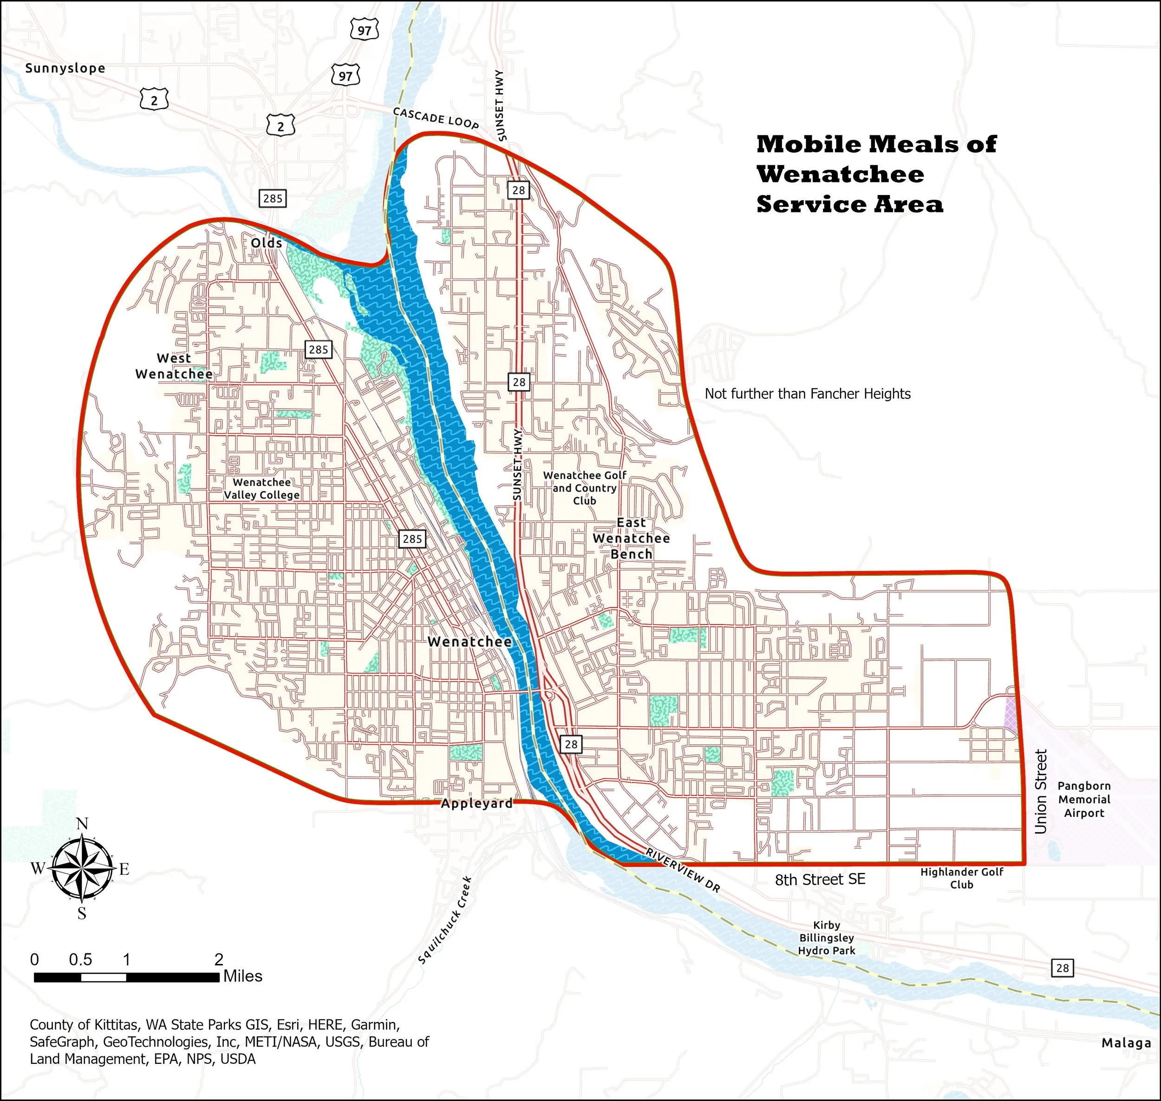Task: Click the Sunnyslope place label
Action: (x=65, y=68)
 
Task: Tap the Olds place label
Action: (x=267, y=243)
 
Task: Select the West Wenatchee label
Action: (x=174, y=366)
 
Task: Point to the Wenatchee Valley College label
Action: (x=262, y=489)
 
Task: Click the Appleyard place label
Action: (x=476, y=803)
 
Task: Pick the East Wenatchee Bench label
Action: (x=631, y=538)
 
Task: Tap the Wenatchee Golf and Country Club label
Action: (x=585, y=488)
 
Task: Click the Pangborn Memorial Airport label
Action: (x=1084, y=799)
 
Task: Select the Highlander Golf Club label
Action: (x=961, y=878)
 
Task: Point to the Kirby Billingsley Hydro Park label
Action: (x=827, y=938)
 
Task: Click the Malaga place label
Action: (x=1126, y=1043)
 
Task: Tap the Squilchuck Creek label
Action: (x=445, y=919)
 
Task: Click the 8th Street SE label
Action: (x=820, y=879)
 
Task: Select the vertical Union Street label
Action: (x=1041, y=791)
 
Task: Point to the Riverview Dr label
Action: (x=683, y=870)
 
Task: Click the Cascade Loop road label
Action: (x=436, y=118)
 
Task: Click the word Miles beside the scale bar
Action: (x=242, y=976)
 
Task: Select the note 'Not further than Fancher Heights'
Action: (x=807, y=394)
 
